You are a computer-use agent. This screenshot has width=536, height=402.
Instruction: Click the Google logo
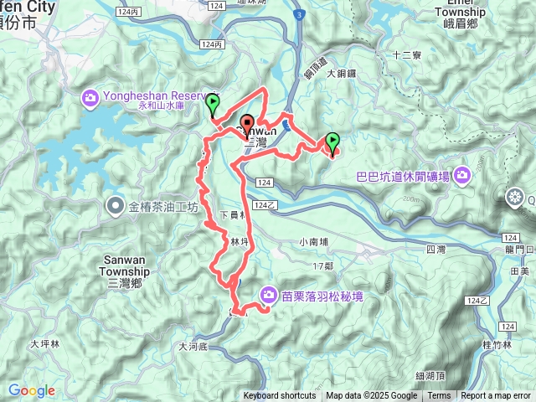(32, 390)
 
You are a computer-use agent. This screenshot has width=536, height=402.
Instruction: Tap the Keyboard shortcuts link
(280, 396)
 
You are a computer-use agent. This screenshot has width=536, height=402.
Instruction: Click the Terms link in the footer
(439, 396)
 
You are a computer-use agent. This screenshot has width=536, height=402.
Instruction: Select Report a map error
(497, 396)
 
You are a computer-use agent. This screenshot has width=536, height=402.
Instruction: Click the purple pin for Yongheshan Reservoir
(90, 100)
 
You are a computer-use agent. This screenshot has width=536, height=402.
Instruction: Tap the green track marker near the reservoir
(213, 105)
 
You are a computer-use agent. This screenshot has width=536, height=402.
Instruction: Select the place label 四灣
(435, 250)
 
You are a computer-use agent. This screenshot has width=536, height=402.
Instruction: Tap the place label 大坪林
(45, 343)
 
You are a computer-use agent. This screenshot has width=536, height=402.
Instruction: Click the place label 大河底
(197, 346)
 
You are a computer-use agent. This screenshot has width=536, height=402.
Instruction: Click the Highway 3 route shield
(297, 15)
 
